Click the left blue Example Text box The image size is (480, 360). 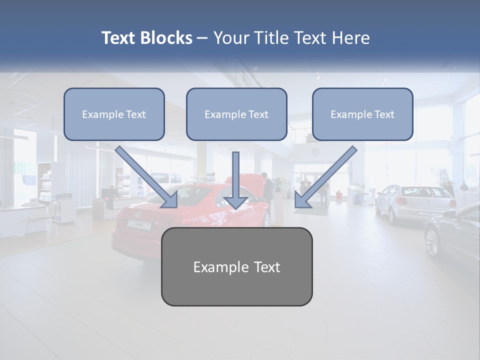click(114, 114)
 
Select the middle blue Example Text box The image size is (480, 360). click(236, 114)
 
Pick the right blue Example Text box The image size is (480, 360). click(362, 114)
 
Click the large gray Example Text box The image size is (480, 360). click(236, 267)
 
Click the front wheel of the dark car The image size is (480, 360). click(432, 242)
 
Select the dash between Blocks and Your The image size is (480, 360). click(202, 38)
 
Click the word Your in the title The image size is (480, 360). click(231, 38)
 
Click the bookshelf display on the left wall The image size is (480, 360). click(45, 185)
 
